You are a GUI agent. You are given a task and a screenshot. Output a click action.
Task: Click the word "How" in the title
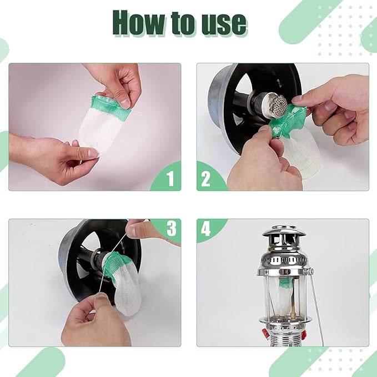pyautogui.click(x=139, y=23)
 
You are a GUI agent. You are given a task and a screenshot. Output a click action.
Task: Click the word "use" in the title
pyautogui.click(x=224, y=24)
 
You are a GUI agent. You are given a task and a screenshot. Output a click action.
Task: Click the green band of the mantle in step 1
pyautogui.click(x=110, y=106)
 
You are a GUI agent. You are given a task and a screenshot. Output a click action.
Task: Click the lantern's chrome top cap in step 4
pyautogui.click(x=284, y=231)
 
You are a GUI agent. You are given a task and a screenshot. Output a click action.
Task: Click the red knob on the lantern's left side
pyautogui.click(x=265, y=333)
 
